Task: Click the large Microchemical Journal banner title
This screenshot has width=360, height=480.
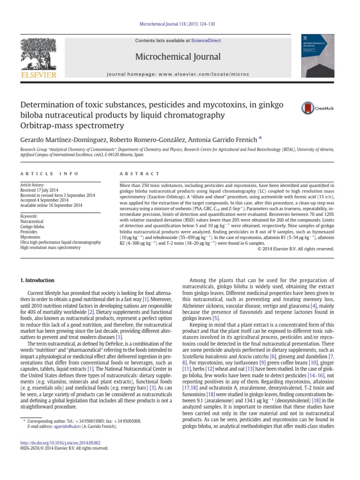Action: tap(178, 57)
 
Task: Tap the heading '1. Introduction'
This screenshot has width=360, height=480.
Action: tap(37, 280)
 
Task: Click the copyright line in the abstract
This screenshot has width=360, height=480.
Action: tap(296, 248)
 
